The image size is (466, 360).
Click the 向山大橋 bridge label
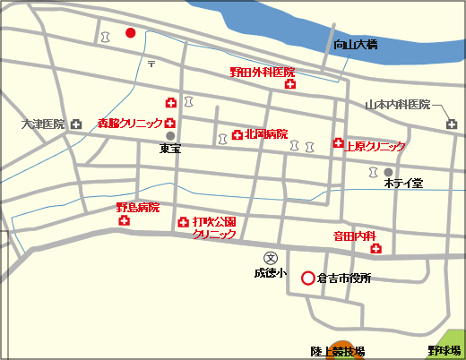pyautogui.click(x=355, y=44)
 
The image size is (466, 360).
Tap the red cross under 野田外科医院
pyautogui.click(x=289, y=84)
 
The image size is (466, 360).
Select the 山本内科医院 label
pyautogui.click(x=397, y=105)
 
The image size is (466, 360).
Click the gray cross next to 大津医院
pyautogui.click(x=75, y=124)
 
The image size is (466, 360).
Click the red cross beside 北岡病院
pyautogui.click(x=237, y=135)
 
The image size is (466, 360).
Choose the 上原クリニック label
pyautogui.click(x=375, y=146)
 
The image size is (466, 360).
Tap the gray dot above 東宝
pyautogui.click(x=169, y=136)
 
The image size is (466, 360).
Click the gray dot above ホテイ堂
pyautogui.click(x=388, y=171)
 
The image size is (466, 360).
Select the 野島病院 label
pyautogui.click(x=137, y=207)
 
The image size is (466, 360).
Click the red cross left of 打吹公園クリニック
pyautogui.click(x=183, y=222)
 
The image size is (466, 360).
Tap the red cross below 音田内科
pyautogui.click(x=375, y=248)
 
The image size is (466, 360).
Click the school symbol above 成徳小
pyautogui.click(x=267, y=256)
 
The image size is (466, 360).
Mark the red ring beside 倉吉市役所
pyautogui.click(x=307, y=278)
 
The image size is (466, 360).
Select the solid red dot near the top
pyautogui.click(x=130, y=33)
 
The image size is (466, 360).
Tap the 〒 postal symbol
pyautogui.click(x=151, y=64)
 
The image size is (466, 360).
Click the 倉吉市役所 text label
pyautogui.click(x=344, y=279)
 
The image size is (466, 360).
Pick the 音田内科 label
pyautogui.click(x=354, y=236)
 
